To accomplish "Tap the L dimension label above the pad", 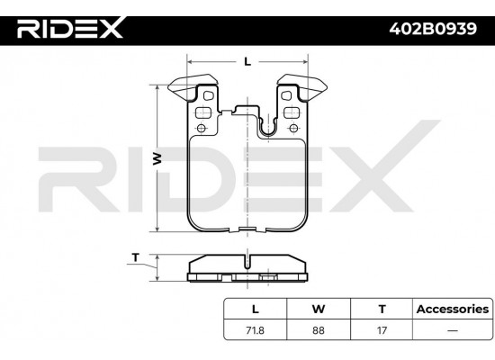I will tap(247, 60).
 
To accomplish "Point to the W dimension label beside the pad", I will tap(157, 158).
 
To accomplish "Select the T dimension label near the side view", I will tap(135, 257).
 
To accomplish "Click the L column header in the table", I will tap(254, 308).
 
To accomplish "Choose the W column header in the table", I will tap(318, 308).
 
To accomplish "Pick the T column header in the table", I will tap(382, 308).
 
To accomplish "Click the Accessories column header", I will tap(452, 308).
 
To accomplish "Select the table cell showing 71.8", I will tap(254, 330).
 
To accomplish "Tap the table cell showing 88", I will tap(318, 330).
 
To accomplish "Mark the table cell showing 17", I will tap(382, 330).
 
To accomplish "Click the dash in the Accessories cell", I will tap(452, 330).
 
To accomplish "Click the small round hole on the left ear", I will tap(202, 128).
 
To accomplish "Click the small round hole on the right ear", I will tap(292, 128).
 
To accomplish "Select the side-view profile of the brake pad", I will tap(247, 268).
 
